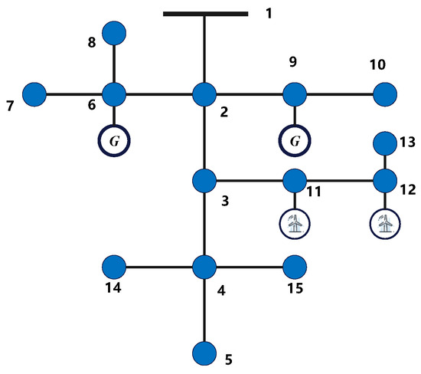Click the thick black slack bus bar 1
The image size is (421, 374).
tap(205, 13)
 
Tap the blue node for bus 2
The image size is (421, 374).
tap(204, 95)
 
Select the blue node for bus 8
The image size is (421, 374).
tap(114, 33)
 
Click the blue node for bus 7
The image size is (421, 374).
tap(34, 95)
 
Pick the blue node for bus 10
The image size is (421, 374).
tap(384, 95)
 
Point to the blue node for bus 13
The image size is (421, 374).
tap(384, 143)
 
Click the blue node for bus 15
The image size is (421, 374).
tap(294, 267)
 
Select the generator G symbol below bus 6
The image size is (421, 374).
tap(114, 142)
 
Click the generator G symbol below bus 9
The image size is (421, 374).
tap(294, 142)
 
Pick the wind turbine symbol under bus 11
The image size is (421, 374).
tap(294, 223)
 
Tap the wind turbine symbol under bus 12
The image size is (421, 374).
tap(384, 223)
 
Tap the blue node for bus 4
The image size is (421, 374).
tap(204, 267)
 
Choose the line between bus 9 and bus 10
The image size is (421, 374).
tap(339, 95)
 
